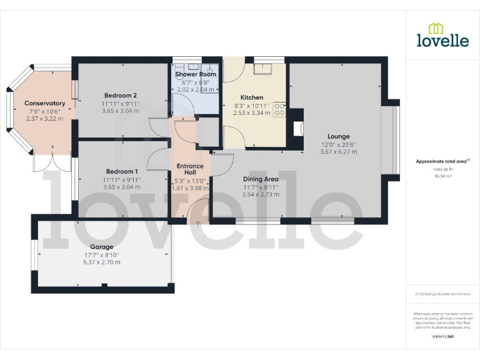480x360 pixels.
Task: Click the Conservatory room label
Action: tap(44, 103)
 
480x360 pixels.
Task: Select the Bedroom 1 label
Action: tap(121, 171)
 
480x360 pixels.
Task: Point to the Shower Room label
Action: tap(196, 74)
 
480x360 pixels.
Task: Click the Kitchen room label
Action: tap(252, 97)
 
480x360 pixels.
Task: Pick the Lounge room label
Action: tap(338, 136)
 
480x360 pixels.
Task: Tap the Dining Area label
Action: tap(261, 179)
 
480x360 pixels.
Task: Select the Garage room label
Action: tap(101, 247)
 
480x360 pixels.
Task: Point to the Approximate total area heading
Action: tap(442, 161)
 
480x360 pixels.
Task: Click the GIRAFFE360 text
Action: tap(442, 337)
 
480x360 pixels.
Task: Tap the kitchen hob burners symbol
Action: tap(279, 110)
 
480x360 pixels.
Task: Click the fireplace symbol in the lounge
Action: tap(298, 128)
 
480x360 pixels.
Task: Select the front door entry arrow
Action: tap(199, 222)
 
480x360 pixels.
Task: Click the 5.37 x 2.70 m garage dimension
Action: tap(101, 262)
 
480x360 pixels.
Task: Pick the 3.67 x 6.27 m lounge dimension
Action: tap(338, 151)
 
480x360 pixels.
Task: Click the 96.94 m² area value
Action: tap(442, 176)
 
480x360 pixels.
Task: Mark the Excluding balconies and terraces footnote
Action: tap(442, 294)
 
